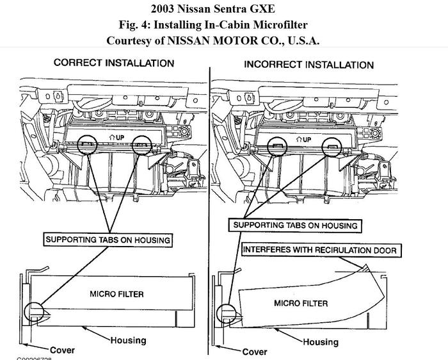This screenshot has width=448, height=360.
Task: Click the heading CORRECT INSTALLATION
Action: point(114,63)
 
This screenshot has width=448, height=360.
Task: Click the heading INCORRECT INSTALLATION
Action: point(308,65)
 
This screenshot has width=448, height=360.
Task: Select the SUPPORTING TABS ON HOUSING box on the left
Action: point(108,240)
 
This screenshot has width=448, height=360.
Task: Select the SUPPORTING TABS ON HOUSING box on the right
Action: point(295,225)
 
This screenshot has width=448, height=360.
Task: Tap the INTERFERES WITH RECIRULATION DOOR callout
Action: point(319,250)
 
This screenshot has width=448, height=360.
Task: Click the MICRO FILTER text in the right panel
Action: point(301,302)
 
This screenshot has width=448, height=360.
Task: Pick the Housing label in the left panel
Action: point(128,340)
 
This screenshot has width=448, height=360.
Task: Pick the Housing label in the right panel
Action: point(320,342)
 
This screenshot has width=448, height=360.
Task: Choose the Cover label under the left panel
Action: point(61,350)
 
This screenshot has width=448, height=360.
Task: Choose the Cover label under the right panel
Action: point(255,352)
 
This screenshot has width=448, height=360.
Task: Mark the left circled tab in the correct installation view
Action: point(88,145)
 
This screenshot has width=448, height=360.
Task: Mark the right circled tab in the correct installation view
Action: point(141,145)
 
